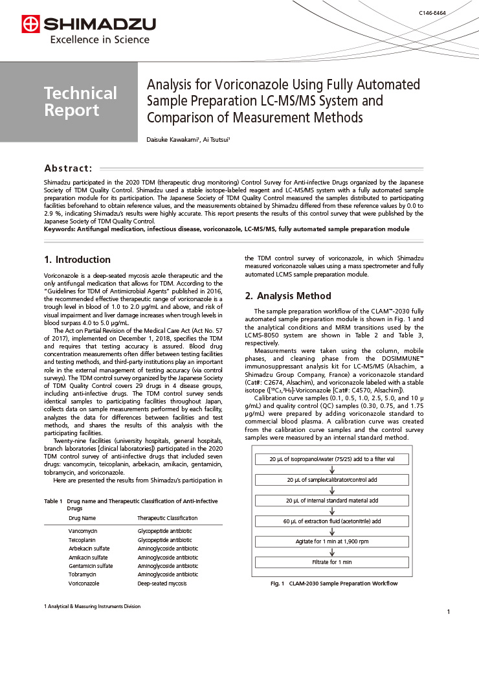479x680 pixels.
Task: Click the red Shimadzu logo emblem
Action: (30, 25)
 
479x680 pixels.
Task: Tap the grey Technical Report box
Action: (80, 102)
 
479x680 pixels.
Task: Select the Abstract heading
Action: (68, 168)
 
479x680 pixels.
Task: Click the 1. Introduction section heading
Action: (77, 260)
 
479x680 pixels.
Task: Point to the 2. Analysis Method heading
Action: (287, 296)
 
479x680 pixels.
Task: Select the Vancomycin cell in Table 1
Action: (83, 531)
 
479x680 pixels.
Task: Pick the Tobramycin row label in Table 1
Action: (82, 574)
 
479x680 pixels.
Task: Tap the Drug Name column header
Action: (82, 518)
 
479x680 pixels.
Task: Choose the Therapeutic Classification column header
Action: (167, 518)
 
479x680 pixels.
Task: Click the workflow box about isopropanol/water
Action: (332, 459)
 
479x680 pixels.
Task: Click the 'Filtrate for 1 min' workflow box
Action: (332, 562)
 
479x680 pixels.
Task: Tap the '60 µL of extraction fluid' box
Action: (332, 521)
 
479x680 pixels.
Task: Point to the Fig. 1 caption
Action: (333, 583)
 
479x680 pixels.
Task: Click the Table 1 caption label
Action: (53, 501)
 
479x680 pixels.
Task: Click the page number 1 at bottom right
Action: (448, 612)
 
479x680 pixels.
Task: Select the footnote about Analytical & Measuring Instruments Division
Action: (92, 606)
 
